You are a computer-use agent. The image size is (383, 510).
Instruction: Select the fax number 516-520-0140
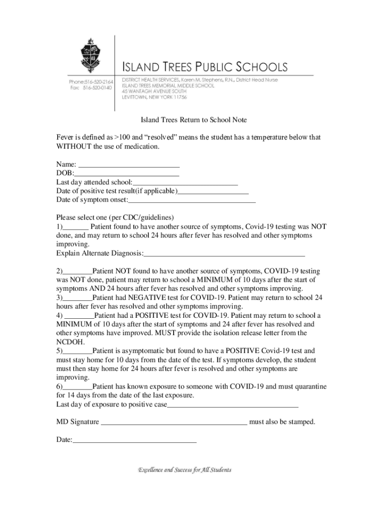pyautogui.click(x=97, y=88)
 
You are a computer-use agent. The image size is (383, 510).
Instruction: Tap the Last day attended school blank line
pyautogui.click(x=185, y=183)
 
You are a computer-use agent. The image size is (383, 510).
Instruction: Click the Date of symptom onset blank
pyautogui.click(x=192, y=201)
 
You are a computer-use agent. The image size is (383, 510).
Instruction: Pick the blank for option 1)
pyautogui.click(x=75, y=227)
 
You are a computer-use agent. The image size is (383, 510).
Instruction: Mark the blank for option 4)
pyautogui.click(x=80, y=316)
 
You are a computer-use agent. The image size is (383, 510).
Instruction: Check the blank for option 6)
pyautogui.click(x=78, y=387)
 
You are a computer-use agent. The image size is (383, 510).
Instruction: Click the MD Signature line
pyautogui.click(x=174, y=423)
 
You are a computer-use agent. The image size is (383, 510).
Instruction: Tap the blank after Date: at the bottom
pyautogui.click(x=134, y=441)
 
